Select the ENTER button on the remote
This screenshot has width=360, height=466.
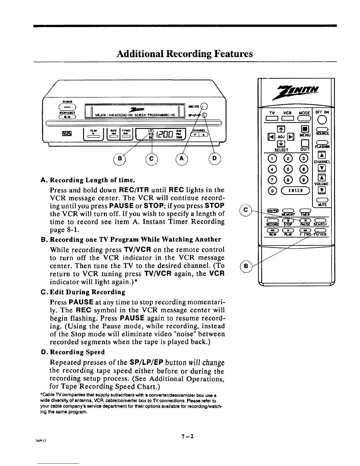click(x=295, y=190)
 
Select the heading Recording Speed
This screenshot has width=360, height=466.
click(x=77, y=352)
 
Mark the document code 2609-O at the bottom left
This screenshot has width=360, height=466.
click(x=41, y=440)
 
